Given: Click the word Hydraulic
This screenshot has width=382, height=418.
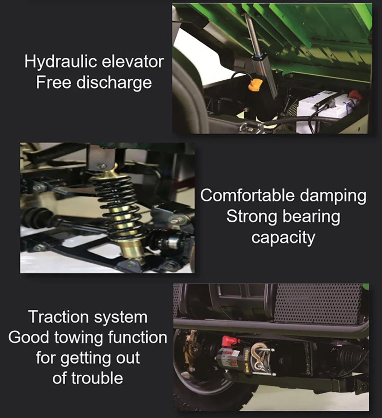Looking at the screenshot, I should [x=60, y=62].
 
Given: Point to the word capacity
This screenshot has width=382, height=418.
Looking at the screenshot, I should [x=283, y=238].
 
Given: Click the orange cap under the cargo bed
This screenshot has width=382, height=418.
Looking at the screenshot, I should [x=254, y=85].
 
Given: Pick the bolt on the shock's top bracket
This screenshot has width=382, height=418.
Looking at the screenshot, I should [x=102, y=166].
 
